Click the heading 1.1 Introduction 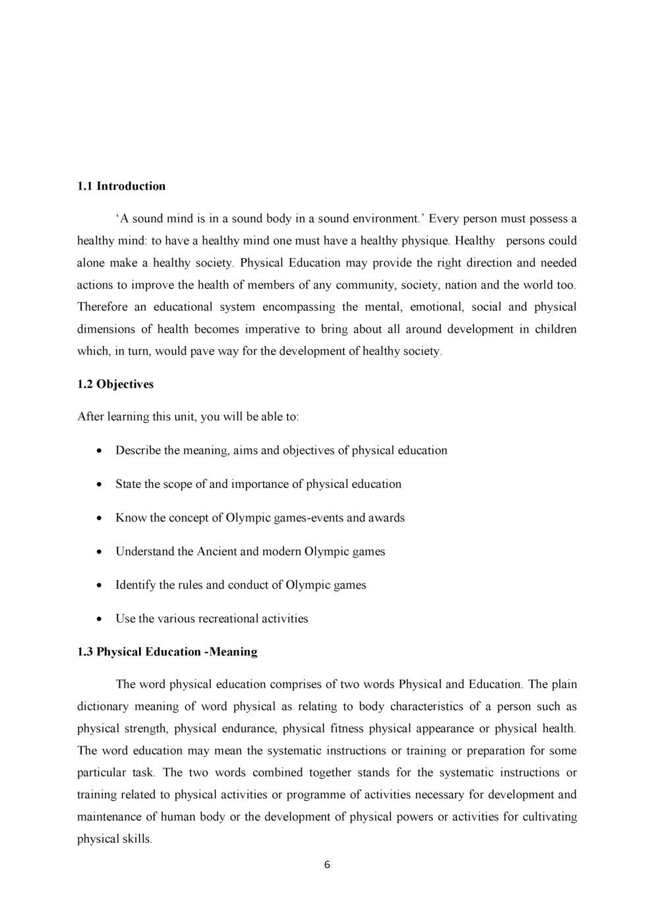click(x=121, y=186)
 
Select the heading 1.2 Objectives click(x=115, y=385)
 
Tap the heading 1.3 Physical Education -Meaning click(x=167, y=652)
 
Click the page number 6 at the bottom click(x=327, y=865)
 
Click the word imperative click(x=272, y=329)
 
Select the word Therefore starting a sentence click(x=102, y=307)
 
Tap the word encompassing click(x=299, y=307)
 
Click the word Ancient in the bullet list click(x=216, y=552)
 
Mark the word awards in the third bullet click(x=386, y=518)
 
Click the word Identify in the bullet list click(x=136, y=585)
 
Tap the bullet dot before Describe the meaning click(x=99, y=452)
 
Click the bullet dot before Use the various click(x=99, y=620)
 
